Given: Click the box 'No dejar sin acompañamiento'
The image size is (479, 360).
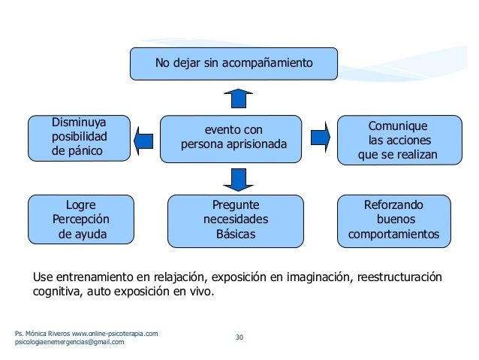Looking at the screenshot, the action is coord(233,64).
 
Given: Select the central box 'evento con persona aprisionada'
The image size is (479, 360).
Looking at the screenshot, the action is coord(231,139).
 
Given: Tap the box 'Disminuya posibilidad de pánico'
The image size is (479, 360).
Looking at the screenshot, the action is coord(79,138).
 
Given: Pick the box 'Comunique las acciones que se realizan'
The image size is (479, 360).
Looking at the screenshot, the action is coord(399,140).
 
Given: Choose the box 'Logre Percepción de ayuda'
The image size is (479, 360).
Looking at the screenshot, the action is coord(81,219).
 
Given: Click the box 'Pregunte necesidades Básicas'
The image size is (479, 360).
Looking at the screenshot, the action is coord(236,221).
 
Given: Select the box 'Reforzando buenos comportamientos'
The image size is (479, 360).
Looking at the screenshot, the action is coord(394,221).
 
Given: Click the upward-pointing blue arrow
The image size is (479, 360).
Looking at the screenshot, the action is coord(238,98).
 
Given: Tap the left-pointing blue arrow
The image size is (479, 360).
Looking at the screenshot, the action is coord(143,141).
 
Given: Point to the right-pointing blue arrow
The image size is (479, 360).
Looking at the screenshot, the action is coord(321,137).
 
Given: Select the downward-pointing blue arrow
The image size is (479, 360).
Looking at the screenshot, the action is coord(238,180).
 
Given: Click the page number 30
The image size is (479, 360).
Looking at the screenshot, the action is coord(239,337).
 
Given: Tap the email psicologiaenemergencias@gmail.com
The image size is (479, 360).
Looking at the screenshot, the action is coord(70,342).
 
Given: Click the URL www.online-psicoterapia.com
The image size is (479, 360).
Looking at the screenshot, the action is coord(115,334).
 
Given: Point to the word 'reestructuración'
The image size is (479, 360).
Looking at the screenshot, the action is coord(399,277).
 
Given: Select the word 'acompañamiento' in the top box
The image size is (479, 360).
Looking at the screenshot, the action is coord(267,63).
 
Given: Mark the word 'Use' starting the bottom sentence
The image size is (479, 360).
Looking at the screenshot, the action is coord(43,277).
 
